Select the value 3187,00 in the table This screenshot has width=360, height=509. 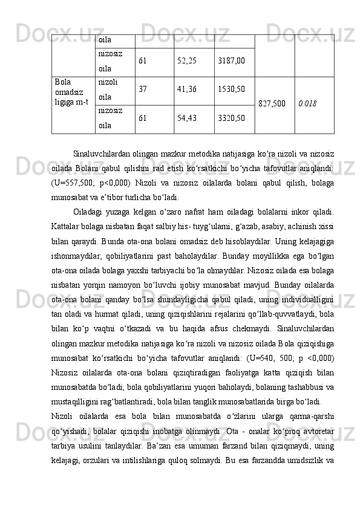click(232, 62)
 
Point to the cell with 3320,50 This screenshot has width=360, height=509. click(232, 119)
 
